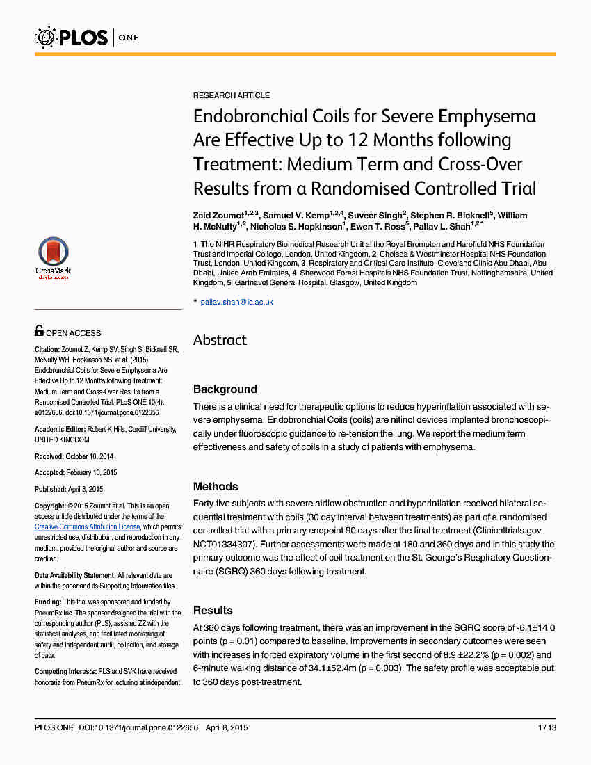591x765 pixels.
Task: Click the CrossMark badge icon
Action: tap(53, 258)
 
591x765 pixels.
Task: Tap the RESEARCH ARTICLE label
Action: tap(232, 95)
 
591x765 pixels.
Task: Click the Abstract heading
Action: tap(220, 340)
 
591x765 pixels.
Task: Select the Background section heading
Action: tap(225, 389)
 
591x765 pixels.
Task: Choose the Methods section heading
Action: tap(216, 487)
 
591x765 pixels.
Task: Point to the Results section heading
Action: tap(213, 611)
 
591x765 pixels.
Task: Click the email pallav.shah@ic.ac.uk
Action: tap(236, 302)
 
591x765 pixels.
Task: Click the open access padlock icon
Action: tap(39, 331)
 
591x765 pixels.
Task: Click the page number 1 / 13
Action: tap(547, 728)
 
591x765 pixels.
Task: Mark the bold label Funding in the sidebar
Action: tap(48, 602)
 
